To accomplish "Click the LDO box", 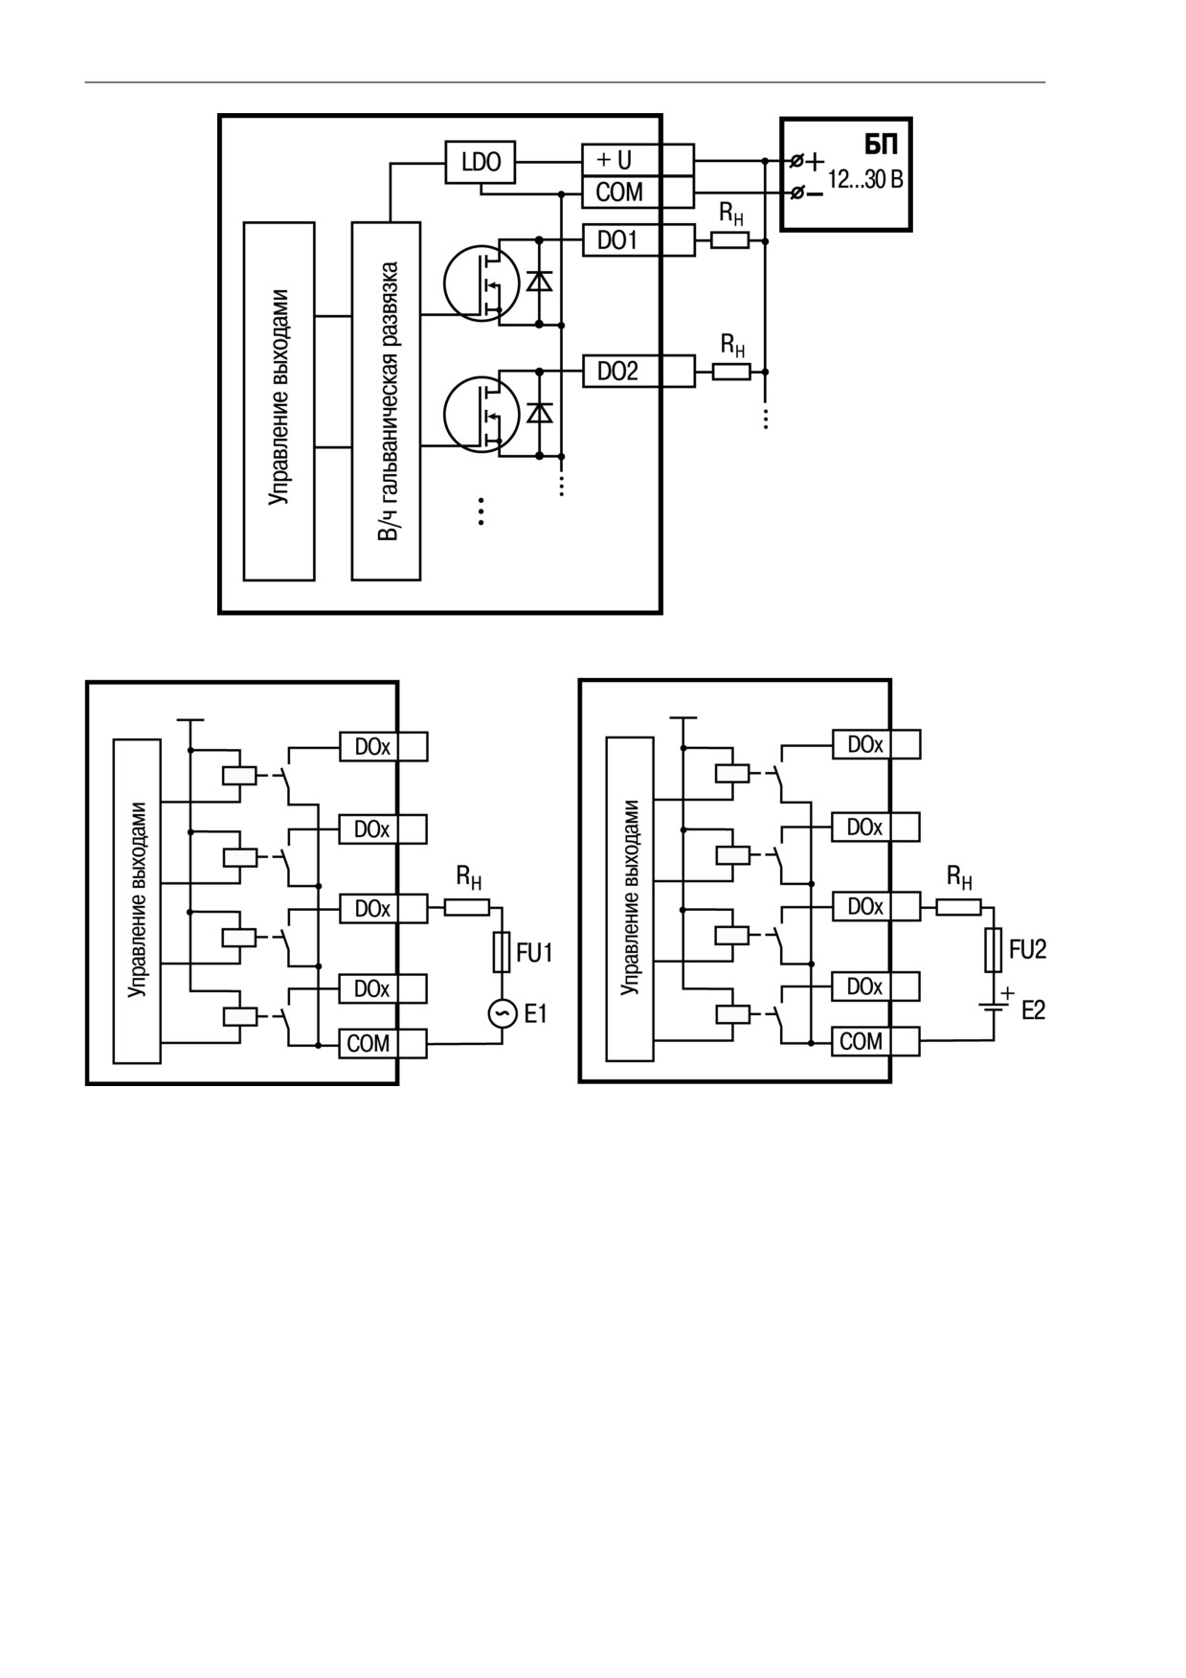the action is tap(481, 163).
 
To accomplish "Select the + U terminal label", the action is tap(614, 159).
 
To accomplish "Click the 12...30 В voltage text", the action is tap(865, 179).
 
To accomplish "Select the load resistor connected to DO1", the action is tap(729, 240).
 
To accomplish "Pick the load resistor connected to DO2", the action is tap(731, 371).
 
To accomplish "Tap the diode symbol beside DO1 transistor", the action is tap(539, 282).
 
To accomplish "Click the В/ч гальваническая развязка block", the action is tap(386, 400).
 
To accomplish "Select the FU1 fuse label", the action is tap(534, 952).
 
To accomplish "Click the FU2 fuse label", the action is tap(1027, 949).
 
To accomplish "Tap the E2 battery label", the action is tap(1033, 1010).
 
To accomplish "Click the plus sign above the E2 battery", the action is tap(1007, 993).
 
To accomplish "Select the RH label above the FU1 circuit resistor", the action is tap(468, 875).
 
